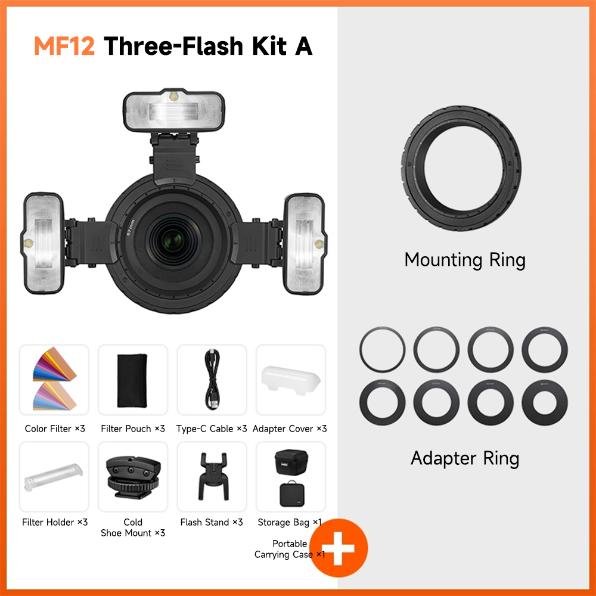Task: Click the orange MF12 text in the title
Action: (64, 46)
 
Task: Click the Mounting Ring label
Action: (465, 260)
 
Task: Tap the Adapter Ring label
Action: (465, 458)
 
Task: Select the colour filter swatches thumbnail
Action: (54, 380)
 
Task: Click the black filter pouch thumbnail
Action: (133, 380)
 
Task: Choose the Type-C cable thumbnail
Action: (212, 380)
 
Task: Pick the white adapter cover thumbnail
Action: (291, 380)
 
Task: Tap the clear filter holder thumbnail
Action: (54, 476)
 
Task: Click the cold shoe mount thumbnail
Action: (133, 476)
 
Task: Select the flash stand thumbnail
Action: (212, 476)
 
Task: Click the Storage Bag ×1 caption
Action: (290, 523)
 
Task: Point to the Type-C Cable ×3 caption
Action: (212, 429)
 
